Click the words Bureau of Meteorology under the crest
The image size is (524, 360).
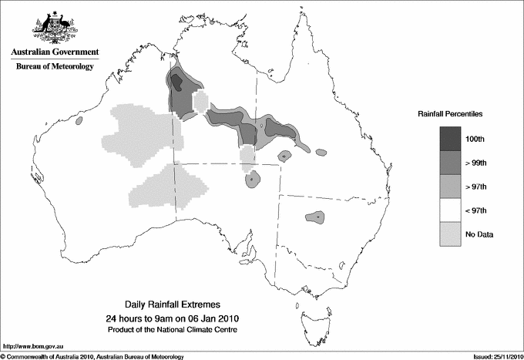(x=54, y=67)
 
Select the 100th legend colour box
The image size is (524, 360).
(x=451, y=139)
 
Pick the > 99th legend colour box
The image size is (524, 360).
(x=451, y=163)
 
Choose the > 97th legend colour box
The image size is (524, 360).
(x=451, y=187)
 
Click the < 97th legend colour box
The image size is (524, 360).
(x=451, y=210)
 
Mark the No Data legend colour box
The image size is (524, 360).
(x=451, y=234)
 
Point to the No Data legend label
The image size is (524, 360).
(x=479, y=234)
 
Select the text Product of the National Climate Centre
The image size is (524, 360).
(x=173, y=330)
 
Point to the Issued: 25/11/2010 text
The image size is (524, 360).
(x=492, y=356)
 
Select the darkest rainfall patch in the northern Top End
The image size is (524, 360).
(x=176, y=81)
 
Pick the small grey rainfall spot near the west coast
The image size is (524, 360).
(x=79, y=121)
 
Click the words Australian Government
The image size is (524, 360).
(x=54, y=52)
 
